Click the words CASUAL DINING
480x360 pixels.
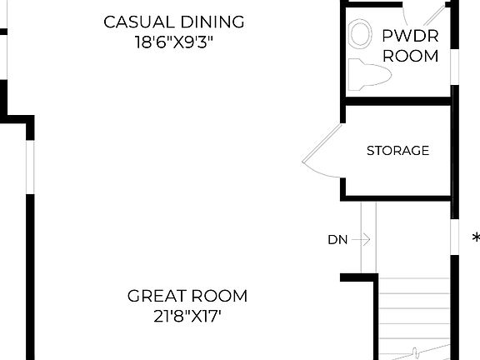tap(174, 22)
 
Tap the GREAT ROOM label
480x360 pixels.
tap(187, 296)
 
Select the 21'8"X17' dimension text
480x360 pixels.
tap(187, 316)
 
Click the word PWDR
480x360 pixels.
tap(410, 36)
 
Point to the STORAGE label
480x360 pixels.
tap(397, 151)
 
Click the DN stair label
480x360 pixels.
tap(337, 240)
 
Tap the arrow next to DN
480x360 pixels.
tap(360, 240)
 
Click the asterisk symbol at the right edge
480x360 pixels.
tap(476, 238)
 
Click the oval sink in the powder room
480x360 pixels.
tap(361, 34)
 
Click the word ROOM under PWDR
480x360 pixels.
tap(410, 57)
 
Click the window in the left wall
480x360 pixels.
tap(30, 167)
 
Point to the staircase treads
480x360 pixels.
tap(414, 312)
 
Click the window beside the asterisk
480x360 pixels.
tap(454, 237)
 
